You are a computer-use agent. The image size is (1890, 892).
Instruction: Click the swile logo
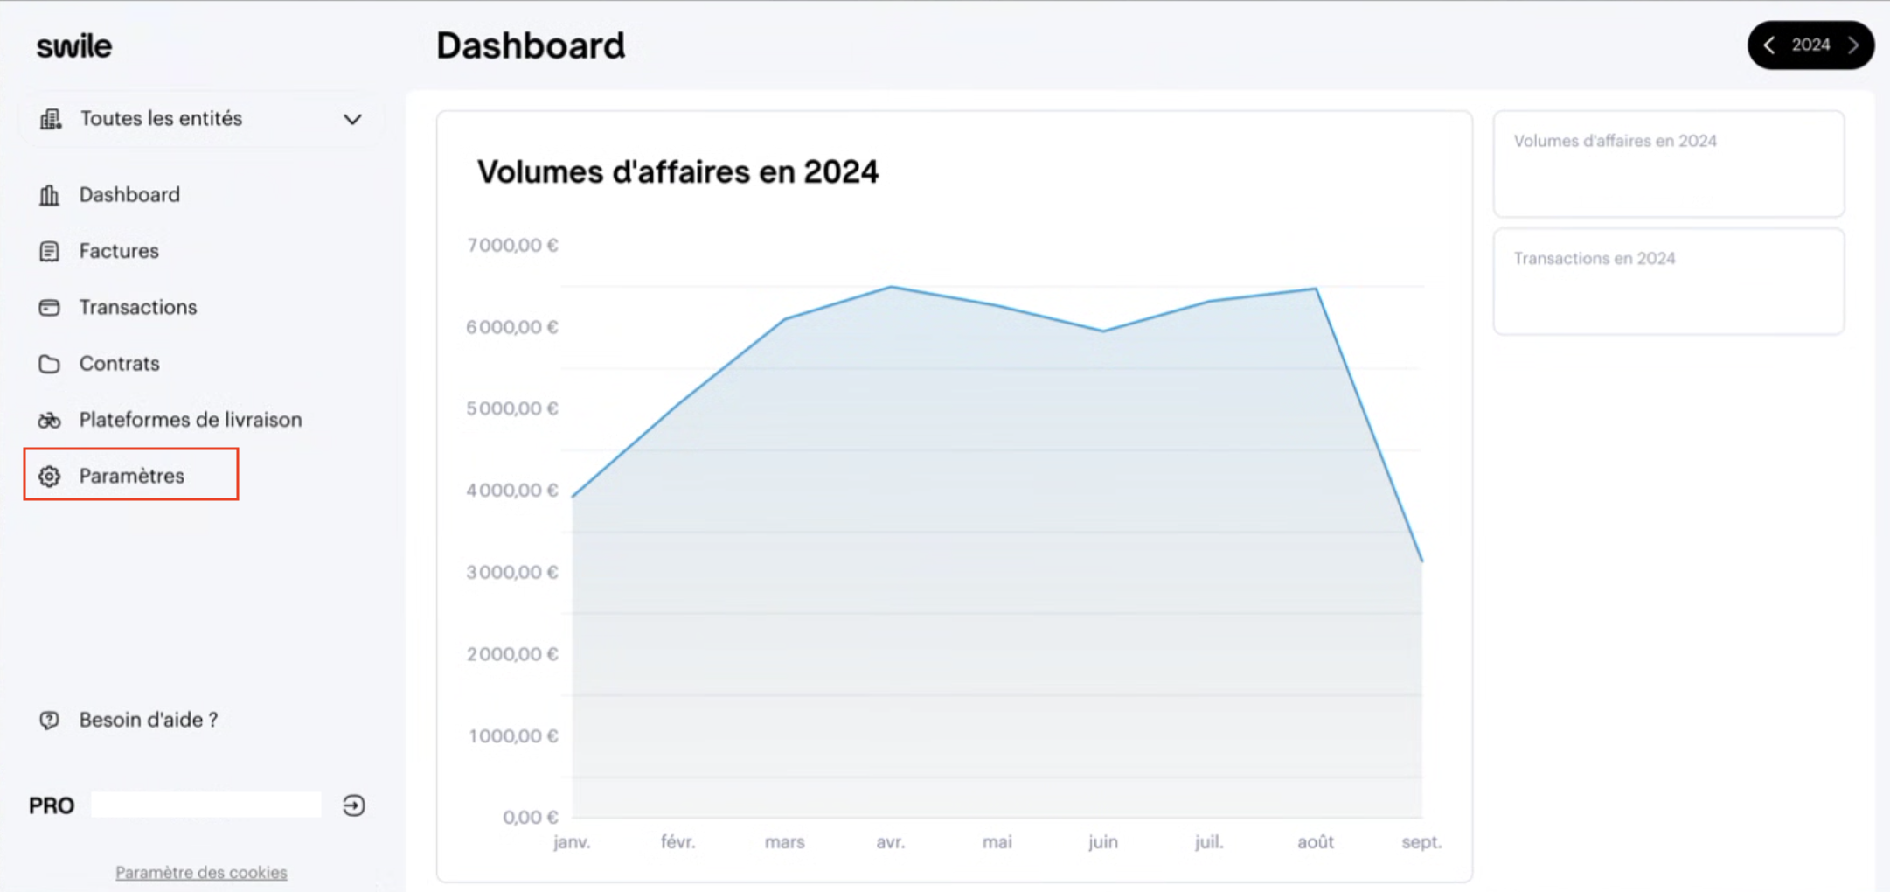point(74,45)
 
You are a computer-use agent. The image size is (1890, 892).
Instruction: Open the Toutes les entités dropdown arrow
point(352,119)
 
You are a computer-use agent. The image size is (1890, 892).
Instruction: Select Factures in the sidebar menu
point(119,251)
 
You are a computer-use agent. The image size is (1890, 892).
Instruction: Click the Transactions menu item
point(138,307)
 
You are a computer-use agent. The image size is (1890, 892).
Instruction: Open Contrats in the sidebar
point(119,363)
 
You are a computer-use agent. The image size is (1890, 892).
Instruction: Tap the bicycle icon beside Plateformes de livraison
point(49,420)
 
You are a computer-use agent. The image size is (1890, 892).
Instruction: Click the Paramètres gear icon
point(49,476)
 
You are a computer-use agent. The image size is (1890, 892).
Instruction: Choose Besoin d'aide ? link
point(149,720)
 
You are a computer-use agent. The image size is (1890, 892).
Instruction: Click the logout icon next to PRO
point(354,805)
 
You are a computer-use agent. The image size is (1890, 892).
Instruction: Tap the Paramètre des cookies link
point(201,872)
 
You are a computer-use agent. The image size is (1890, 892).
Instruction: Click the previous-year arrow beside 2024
point(1769,45)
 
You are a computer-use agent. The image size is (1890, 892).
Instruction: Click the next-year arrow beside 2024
point(1852,45)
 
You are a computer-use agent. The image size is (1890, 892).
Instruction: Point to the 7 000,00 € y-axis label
point(512,245)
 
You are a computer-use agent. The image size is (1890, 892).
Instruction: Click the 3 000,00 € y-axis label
point(512,572)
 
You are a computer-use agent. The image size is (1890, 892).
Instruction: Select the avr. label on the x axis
point(891,842)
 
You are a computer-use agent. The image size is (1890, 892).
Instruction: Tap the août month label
point(1316,842)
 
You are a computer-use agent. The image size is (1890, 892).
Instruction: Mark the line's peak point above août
point(1316,289)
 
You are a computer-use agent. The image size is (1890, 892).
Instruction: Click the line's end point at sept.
point(1422,561)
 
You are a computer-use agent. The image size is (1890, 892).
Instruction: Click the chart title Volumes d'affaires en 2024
point(677,171)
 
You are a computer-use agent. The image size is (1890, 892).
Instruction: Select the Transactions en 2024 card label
point(1595,258)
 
